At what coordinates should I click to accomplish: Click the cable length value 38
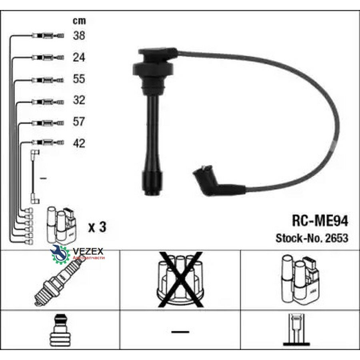click(x=79, y=36)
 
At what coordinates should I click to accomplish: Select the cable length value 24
click(x=79, y=57)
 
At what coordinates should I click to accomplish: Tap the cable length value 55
click(x=79, y=79)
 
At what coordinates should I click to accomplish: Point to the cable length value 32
click(x=79, y=100)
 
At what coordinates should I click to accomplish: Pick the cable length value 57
click(x=79, y=122)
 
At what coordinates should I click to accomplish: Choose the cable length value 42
click(x=79, y=143)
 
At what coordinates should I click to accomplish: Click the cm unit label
click(x=79, y=21)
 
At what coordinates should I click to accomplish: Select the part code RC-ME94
click(x=320, y=222)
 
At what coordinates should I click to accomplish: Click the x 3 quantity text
click(x=97, y=227)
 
